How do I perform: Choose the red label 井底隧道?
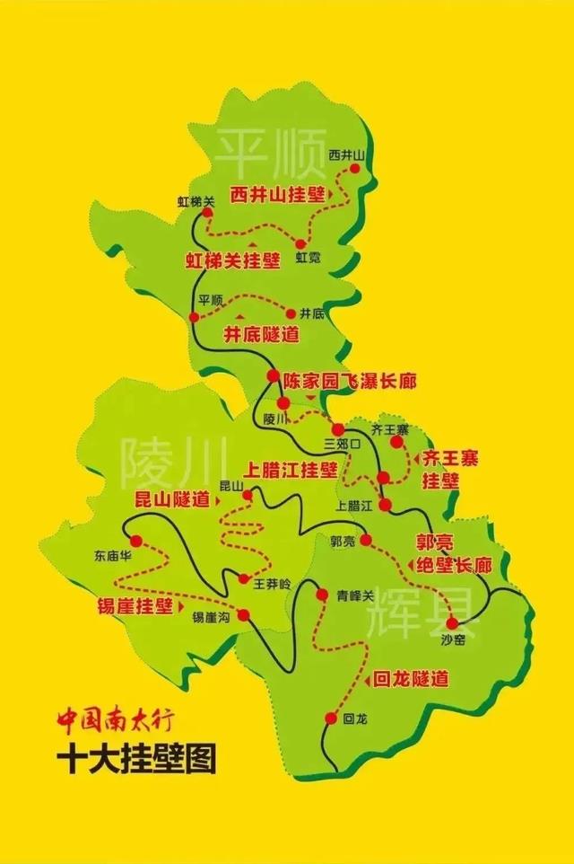coord(261,334)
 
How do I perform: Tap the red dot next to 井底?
coord(290,313)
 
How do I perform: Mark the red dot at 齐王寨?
coord(397,442)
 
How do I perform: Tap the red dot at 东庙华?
coord(136,541)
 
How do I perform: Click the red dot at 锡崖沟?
coord(242,615)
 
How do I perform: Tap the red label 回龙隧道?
coord(410,678)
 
